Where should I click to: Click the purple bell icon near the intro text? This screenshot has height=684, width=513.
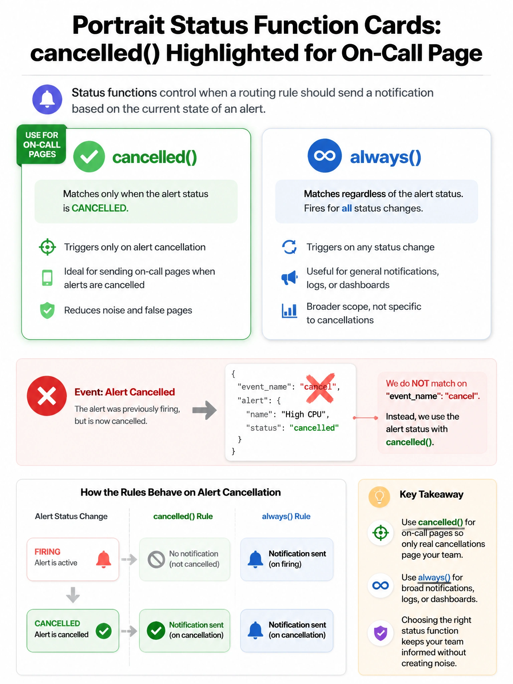(47, 100)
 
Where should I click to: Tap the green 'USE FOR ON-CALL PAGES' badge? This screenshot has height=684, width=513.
(42, 145)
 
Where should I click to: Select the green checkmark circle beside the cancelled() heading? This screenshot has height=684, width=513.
(89, 157)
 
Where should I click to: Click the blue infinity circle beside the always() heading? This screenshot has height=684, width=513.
(325, 156)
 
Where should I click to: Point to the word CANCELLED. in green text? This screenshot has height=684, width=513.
(100, 208)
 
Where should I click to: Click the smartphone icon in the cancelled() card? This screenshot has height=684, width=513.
(47, 278)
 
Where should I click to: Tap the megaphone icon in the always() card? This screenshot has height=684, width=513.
(289, 278)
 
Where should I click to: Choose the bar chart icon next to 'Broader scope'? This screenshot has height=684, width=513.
(289, 311)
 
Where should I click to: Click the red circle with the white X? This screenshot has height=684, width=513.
(47, 396)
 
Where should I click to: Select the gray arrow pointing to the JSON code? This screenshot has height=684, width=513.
(204, 410)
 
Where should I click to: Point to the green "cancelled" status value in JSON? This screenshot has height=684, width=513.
(314, 428)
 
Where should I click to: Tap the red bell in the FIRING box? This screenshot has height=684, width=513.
(104, 559)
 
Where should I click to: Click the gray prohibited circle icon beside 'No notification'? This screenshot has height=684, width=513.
(156, 559)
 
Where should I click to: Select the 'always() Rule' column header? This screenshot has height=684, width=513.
(286, 516)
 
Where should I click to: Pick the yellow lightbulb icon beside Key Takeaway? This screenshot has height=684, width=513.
(379, 497)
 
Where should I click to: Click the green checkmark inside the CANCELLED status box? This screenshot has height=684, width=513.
(104, 631)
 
